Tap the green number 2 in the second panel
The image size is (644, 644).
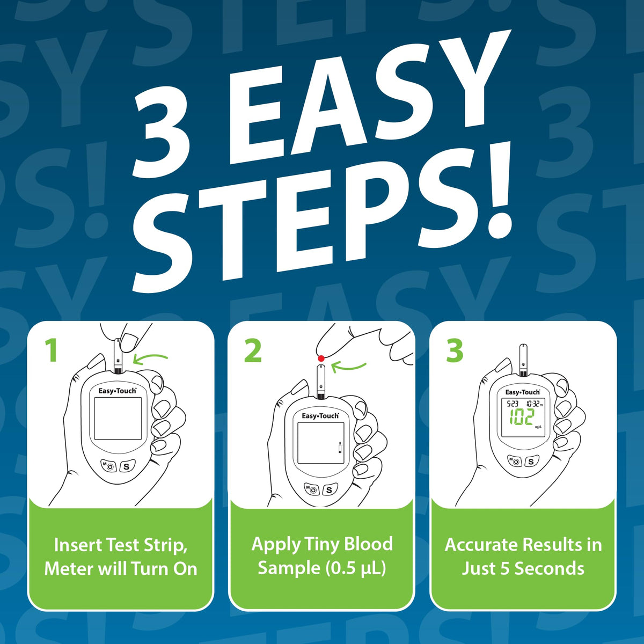point(253,350)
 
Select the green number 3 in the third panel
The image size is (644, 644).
point(455,350)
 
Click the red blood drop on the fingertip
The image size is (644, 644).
point(321,358)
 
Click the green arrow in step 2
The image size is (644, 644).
point(349,367)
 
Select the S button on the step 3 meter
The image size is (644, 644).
point(531,462)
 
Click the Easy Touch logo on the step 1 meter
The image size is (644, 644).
point(118,391)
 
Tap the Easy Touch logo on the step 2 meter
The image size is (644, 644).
point(320,416)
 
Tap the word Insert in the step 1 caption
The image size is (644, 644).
point(78,545)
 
